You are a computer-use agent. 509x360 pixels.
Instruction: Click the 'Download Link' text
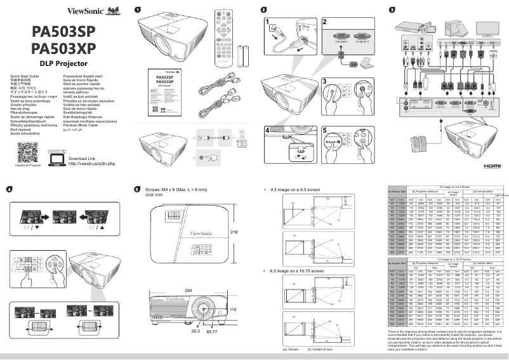(81, 158)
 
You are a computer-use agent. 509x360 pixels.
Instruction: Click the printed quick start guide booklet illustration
(166, 94)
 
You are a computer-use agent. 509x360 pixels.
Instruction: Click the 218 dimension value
(237, 232)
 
